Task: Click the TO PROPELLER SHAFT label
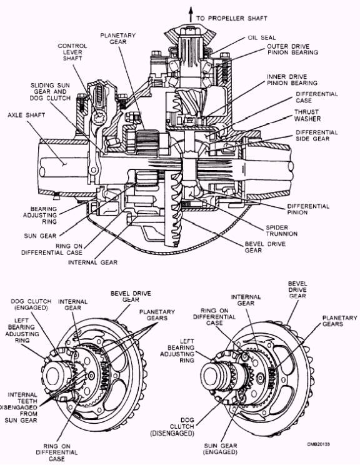pos(231,19)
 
